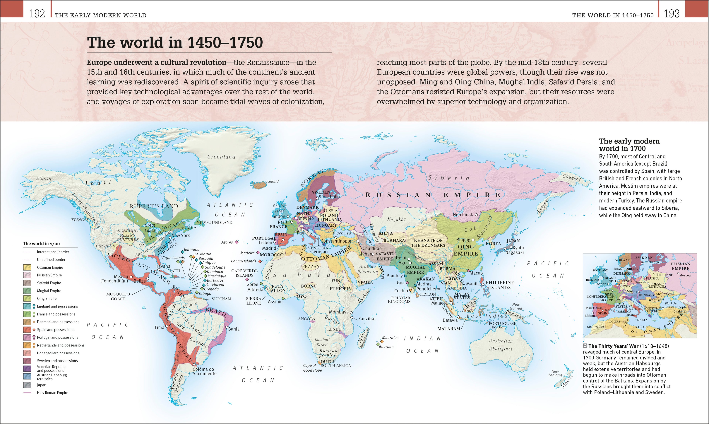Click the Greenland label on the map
(x=221, y=157)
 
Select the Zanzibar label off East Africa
(x=367, y=319)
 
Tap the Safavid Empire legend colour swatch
(x=27, y=283)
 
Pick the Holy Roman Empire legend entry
(x=52, y=393)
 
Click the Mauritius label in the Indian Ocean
(x=390, y=338)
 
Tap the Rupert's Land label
(x=154, y=206)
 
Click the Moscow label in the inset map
(x=685, y=275)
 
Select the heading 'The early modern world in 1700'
(x=629, y=145)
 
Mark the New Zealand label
(x=555, y=373)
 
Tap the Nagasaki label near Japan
(x=514, y=253)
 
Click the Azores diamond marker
(x=237, y=242)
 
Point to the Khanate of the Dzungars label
(x=428, y=243)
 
